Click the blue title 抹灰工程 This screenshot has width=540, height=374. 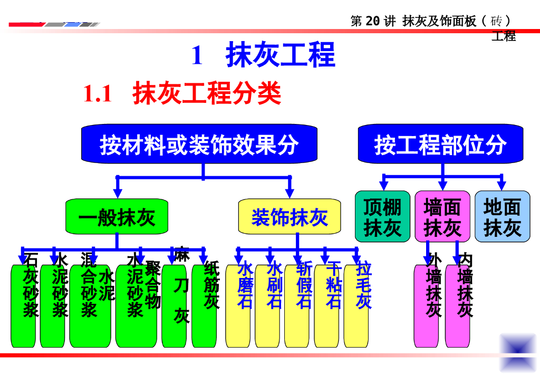[x=280, y=55]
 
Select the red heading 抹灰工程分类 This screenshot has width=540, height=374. [x=207, y=94]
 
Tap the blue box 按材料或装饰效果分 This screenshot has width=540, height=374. [x=199, y=144]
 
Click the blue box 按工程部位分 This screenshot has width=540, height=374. [x=440, y=144]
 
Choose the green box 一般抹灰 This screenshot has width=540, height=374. [x=117, y=217]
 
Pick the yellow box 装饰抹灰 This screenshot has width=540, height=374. [x=289, y=217]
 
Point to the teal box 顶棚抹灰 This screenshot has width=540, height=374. [x=382, y=217]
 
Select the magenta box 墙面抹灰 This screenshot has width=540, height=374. [x=442, y=217]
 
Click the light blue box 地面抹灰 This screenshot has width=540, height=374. [x=502, y=217]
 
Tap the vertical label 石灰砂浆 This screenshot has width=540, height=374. [x=30, y=285]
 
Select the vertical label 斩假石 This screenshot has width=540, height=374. [x=304, y=285]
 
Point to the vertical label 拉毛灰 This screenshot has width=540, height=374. [x=363, y=285]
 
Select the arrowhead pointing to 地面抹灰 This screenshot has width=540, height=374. [x=502, y=185]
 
